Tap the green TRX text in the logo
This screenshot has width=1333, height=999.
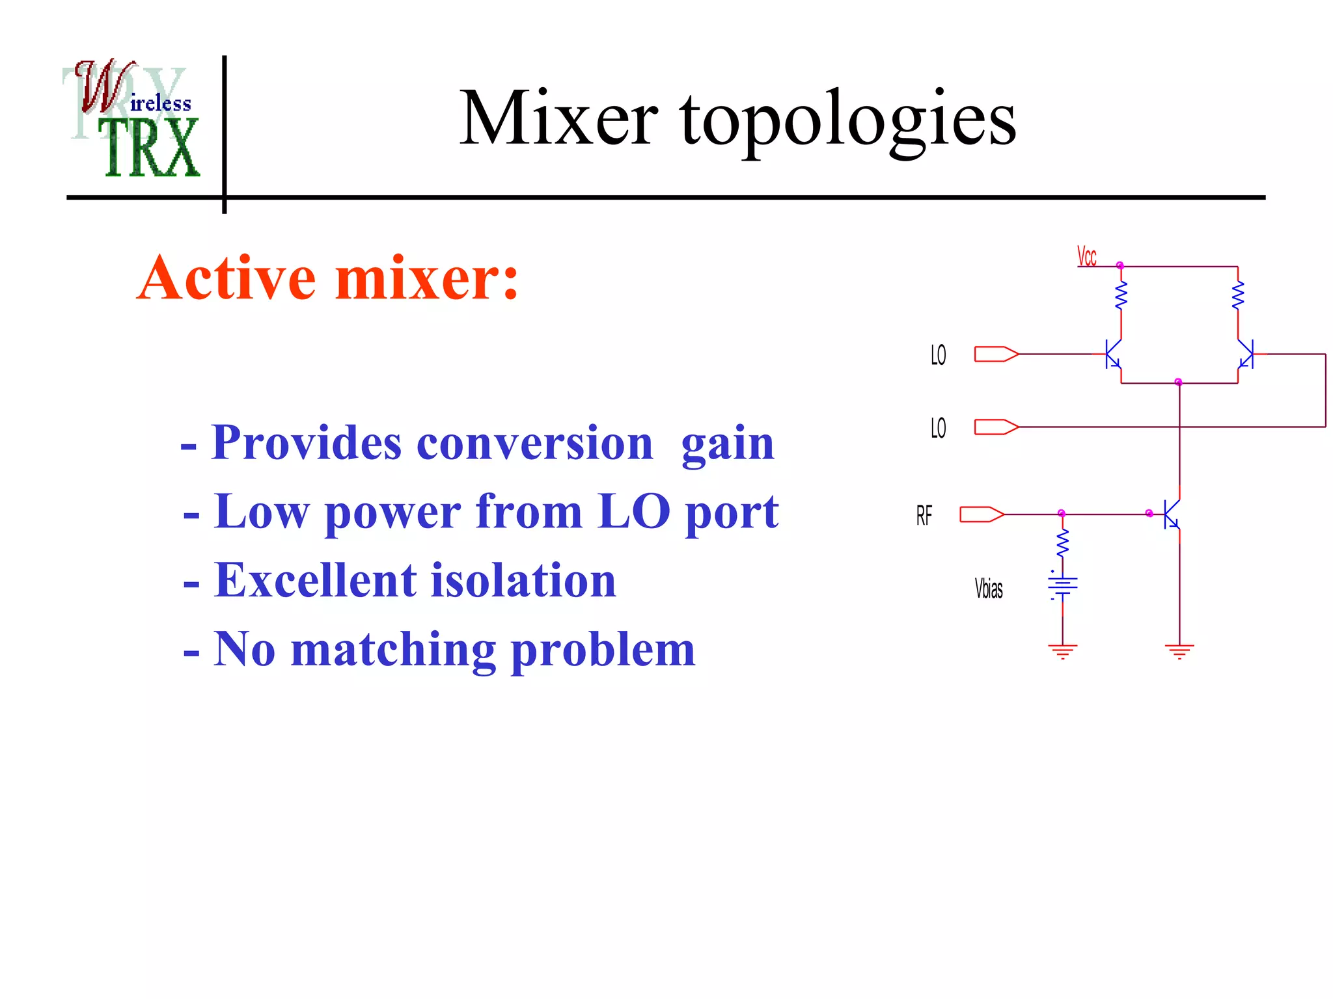coord(152,148)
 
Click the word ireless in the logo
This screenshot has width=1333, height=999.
coord(161,103)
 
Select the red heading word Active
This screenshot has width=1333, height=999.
coord(228,278)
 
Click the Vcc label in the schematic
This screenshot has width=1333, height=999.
coord(1086,256)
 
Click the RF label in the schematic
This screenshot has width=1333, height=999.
coord(924,516)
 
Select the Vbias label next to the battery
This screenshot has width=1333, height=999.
coord(988,589)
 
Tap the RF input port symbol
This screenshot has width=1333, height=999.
coord(982,514)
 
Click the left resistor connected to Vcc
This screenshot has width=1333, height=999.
coord(1121,295)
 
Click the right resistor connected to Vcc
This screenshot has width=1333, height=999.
coord(1237,295)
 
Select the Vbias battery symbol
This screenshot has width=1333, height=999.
coord(1062,586)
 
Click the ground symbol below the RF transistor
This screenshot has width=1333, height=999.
coord(1179,651)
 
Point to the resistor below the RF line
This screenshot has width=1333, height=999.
coord(1062,543)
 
